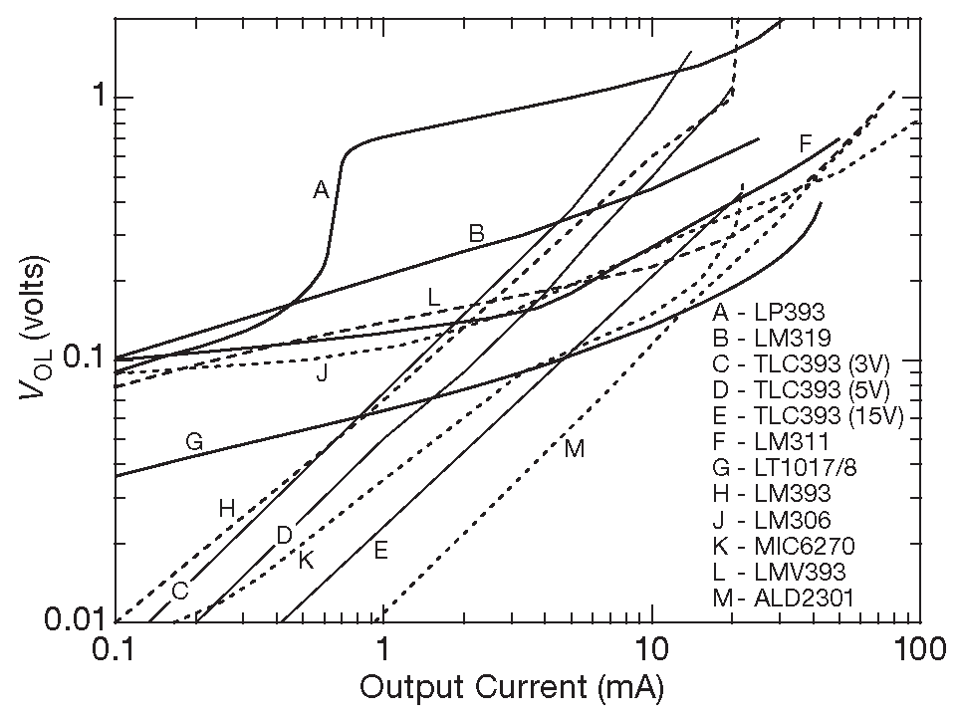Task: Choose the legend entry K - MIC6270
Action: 784,546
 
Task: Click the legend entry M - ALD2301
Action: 785,599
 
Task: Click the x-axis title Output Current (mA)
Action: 511,688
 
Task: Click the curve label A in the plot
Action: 321,190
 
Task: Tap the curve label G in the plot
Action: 194,442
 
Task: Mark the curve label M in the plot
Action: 574,448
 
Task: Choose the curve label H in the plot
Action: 227,508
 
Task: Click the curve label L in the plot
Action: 433,297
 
